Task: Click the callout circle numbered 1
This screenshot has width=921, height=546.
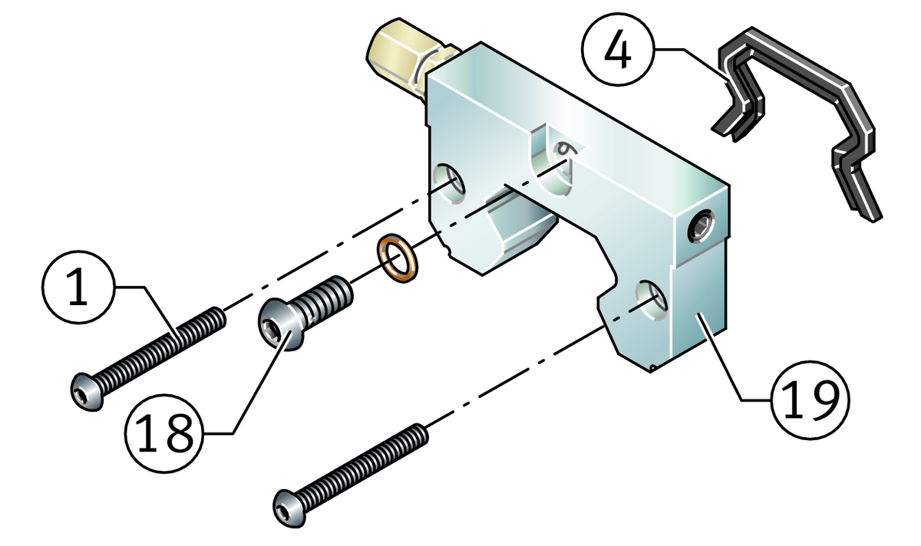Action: click(78, 287)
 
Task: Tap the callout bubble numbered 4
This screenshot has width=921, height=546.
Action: click(618, 49)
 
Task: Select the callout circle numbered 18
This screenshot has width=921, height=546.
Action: click(164, 433)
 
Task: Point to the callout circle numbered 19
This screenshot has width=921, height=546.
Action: click(810, 400)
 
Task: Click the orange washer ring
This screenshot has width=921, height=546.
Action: click(398, 258)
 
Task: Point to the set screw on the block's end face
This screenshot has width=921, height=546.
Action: click(701, 226)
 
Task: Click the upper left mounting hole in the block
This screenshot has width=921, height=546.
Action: click(450, 184)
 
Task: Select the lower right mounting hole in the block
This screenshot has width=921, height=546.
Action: click(652, 301)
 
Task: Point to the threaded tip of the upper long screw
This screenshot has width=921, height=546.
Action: click(218, 317)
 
